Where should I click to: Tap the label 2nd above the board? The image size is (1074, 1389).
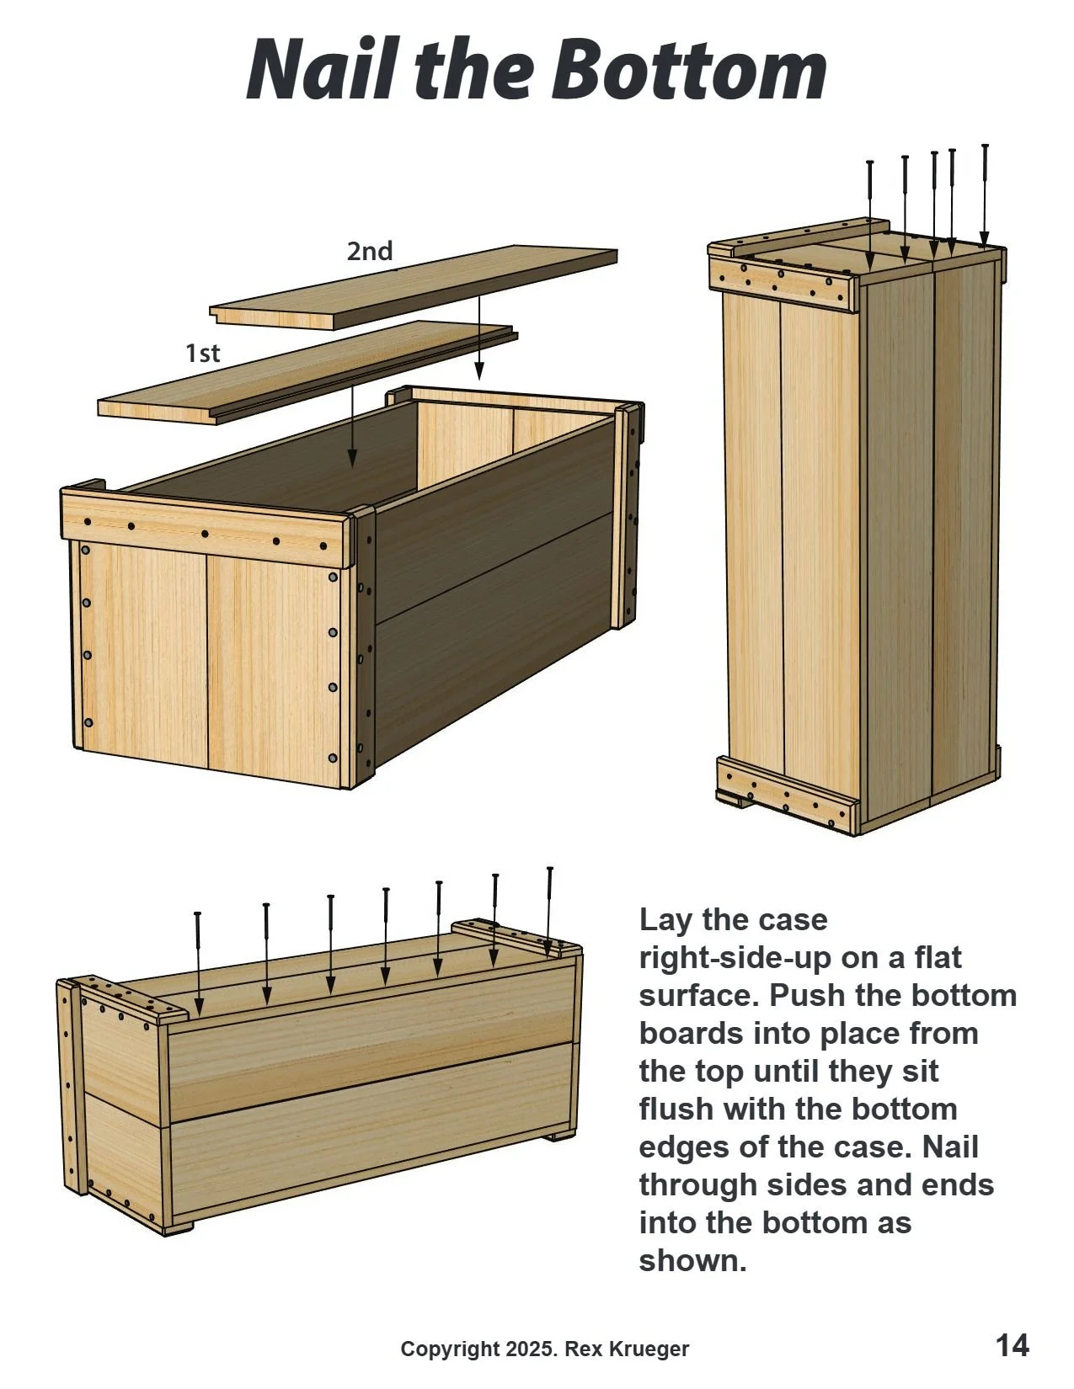[x=370, y=251]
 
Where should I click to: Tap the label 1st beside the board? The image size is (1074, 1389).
[x=203, y=353]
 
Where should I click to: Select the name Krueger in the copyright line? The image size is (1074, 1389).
[x=651, y=1349]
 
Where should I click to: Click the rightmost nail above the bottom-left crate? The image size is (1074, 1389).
[x=550, y=909]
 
